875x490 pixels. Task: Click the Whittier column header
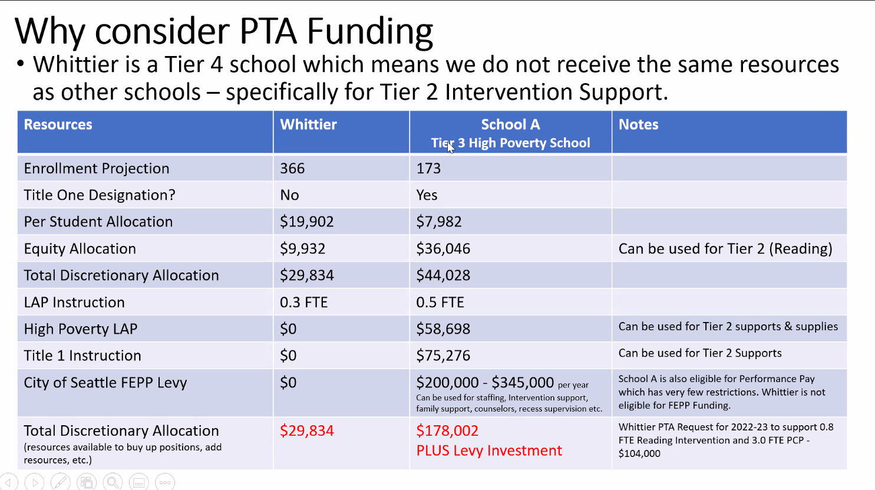pyautogui.click(x=308, y=124)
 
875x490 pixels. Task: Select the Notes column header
pyautogui.click(x=638, y=124)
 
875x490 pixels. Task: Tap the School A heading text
pyautogui.click(x=510, y=124)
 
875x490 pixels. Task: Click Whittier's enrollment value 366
pyautogui.click(x=292, y=169)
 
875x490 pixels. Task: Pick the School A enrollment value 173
pyautogui.click(x=428, y=169)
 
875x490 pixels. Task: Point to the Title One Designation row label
pyautogui.click(x=100, y=195)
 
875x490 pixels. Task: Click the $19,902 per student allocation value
pyautogui.click(x=306, y=222)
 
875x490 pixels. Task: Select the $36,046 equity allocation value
pyautogui.click(x=443, y=249)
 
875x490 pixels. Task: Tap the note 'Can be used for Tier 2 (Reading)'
pyautogui.click(x=725, y=249)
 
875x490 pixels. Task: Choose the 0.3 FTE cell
pyautogui.click(x=303, y=302)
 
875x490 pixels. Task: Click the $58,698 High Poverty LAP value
pyautogui.click(x=443, y=329)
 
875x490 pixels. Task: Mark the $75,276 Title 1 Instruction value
pyautogui.click(x=443, y=356)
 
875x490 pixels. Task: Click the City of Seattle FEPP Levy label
pyautogui.click(x=105, y=383)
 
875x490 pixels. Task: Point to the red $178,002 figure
pyautogui.click(x=447, y=430)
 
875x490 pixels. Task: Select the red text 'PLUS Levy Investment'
pyautogui.click(x=489, y=450)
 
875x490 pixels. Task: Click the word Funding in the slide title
pyautogui.click(x=369, y=32)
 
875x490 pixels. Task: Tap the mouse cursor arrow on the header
pyautogui.click(x=450, y=147)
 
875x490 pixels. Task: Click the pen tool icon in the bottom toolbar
pyautogui.click(x=60, y=482)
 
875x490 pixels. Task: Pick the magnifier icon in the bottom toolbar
pyautogui.click(x=113, y=482)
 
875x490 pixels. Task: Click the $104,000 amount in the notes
pyautogui.click(x=639, y=453)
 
